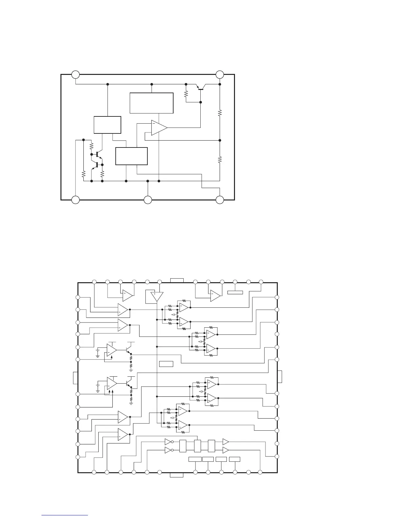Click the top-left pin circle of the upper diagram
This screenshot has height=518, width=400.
(75, 75)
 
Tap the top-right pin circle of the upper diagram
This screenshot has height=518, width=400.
(220, 75)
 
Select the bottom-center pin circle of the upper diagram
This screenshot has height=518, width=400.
(148, 200)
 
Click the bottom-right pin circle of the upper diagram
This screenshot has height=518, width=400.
(220, 200)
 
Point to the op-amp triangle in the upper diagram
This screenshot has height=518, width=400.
(159, 127)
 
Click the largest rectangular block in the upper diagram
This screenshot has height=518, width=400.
(151, 103)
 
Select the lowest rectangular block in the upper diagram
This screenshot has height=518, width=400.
(131, 156)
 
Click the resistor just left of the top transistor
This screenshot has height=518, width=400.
(186, 94)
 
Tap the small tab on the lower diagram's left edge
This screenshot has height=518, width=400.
(75, 378)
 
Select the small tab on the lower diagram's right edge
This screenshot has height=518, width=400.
(280, 377)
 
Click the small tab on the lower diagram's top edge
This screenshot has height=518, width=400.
(177, 280)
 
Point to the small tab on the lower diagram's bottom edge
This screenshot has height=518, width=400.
(176, 475)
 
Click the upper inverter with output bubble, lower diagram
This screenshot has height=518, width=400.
(168, 441)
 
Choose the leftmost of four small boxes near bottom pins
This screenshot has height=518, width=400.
(195, 459)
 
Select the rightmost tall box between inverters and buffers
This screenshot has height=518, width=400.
(211, 446)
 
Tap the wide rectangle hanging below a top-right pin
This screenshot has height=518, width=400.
(235, 292)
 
